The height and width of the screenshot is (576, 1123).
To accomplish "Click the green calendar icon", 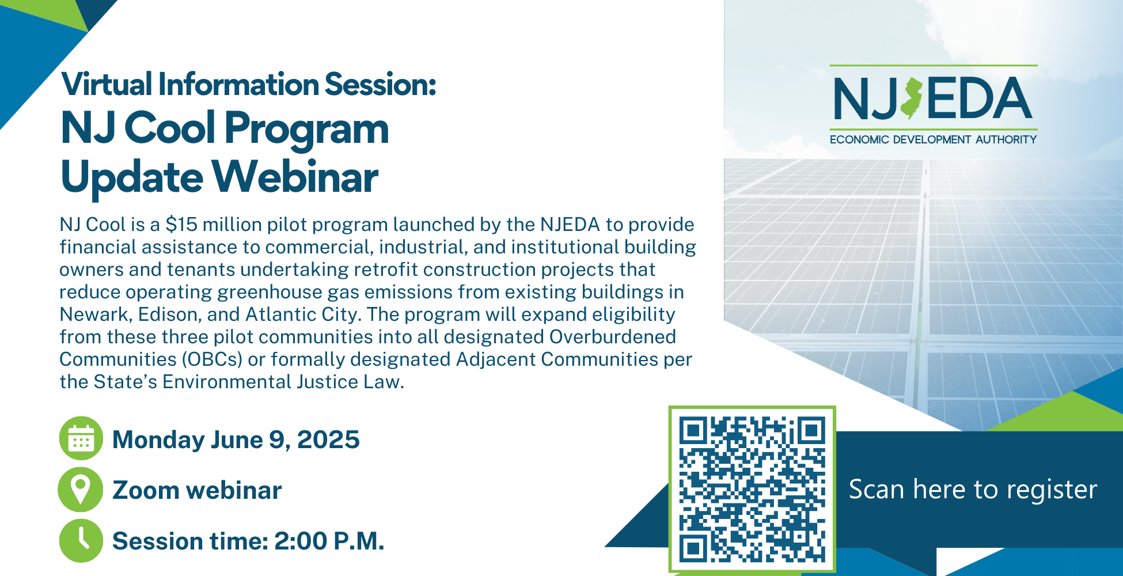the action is (81, 438).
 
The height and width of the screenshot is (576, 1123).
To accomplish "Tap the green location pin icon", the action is (81, 490).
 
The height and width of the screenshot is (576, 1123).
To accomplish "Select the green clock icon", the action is (81, 541).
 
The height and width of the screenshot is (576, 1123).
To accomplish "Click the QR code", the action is (752, 489).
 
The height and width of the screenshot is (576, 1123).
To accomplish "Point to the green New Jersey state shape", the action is (912, 98).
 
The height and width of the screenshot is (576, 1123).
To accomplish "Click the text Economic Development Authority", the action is (933, 139).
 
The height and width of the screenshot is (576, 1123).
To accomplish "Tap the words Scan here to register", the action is (973, 490).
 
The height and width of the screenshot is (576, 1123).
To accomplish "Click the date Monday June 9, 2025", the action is (236, 440).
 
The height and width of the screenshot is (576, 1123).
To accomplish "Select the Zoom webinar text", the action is (197, 490).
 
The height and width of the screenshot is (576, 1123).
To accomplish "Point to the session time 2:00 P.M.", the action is (329, 541).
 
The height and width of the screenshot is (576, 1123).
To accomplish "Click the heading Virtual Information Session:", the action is (249, 84).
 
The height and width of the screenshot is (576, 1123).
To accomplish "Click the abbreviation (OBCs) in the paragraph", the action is (213, 359).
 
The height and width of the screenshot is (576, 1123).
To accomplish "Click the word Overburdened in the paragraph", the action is (612, 337).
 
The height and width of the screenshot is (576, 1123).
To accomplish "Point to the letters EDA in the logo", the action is (979, 98).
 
